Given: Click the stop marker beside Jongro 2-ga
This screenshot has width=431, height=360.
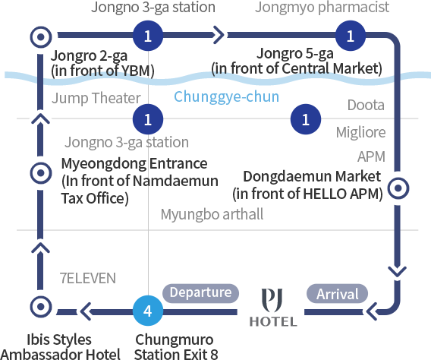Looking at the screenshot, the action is (x=41, y=36).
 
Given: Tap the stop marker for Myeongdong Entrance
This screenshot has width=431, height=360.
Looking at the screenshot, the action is (x=41, y=173).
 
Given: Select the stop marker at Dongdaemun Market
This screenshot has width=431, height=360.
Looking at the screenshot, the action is (x=398, y=188).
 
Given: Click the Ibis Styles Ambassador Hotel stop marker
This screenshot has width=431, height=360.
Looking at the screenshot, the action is (x=41, y=306).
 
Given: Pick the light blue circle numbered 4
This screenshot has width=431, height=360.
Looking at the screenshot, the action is (x=148, y=311).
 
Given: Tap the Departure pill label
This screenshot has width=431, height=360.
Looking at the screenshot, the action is (x=200, y=293).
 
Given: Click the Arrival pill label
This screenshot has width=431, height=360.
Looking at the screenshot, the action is (x=337, y=293).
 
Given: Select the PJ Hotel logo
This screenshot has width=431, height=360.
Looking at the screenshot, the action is (x=273, y=307).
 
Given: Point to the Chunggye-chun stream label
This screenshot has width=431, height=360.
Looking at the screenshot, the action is (x=226, y=96).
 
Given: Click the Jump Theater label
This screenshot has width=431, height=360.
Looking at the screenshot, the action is (x=96, y=98).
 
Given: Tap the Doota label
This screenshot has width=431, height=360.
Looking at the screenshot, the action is (x=366, y=105).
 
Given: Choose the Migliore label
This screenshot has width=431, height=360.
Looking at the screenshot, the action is (x=360, y=132).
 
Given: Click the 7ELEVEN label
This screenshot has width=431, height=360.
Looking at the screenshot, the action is (x=88, y=278).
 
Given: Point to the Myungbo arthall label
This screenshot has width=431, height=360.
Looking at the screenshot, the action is (x=212, y=214).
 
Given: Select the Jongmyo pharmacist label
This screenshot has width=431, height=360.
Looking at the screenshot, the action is (x=322, y=7).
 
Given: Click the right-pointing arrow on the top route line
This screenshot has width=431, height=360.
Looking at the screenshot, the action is (x=219, y=35).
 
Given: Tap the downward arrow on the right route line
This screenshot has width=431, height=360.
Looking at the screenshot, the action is (x=398, y=271).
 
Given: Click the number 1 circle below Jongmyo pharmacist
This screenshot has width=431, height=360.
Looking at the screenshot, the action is (x=351, y=36).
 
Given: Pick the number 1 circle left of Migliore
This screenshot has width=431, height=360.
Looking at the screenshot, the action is (x=306, y=119).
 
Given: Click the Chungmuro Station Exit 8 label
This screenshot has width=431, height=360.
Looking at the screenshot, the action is (x=175, y=346).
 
